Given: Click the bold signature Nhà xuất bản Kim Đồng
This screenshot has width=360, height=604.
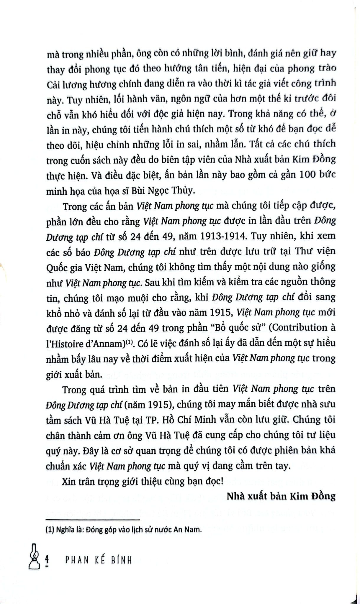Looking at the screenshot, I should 281,496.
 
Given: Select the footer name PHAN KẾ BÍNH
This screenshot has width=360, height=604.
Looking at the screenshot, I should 98,560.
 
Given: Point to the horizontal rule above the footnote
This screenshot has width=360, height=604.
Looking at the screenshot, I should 93,520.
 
